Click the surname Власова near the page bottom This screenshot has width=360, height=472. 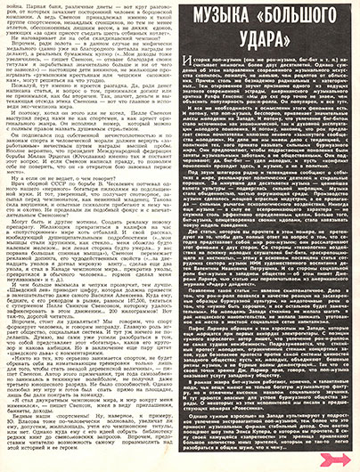click(x=53, y=426)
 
